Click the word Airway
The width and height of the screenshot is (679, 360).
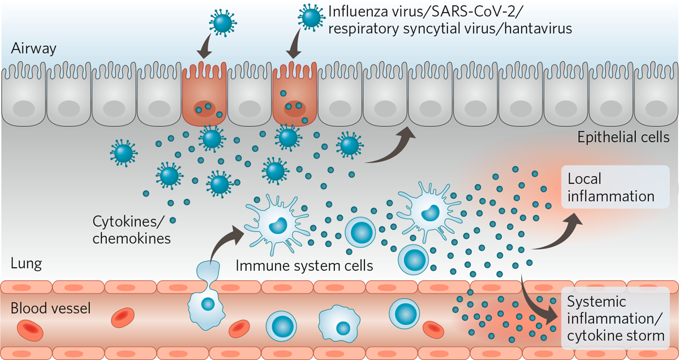coord(34,49)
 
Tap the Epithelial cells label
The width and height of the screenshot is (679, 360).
coord(623,138)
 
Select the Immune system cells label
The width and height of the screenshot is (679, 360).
coord(304,265)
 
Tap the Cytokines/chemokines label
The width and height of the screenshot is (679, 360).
coord(131,229)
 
